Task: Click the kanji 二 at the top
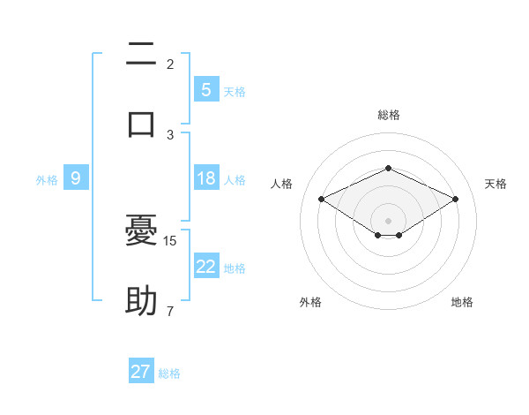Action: coord(141,56)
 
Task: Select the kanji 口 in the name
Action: coord(141,122)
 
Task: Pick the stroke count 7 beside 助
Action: coord(170,311)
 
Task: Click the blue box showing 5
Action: coord(205,89)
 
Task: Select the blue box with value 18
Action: coord(205,178)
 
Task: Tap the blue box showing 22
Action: coord(205,267)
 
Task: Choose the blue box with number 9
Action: coord(76,178)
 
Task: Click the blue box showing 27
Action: coord(141,372)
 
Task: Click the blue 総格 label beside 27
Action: coord(169,373)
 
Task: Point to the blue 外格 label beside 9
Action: coord(47,180)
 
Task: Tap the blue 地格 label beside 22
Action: coord(235,268)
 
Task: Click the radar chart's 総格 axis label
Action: coord(388,115)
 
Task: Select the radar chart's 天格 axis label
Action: coord(496,184)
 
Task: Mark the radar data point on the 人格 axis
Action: coord(321,200)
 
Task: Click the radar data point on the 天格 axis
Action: coord(456,200)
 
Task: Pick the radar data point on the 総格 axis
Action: coord(388,168)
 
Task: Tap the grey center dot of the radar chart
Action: coord(388,220)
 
